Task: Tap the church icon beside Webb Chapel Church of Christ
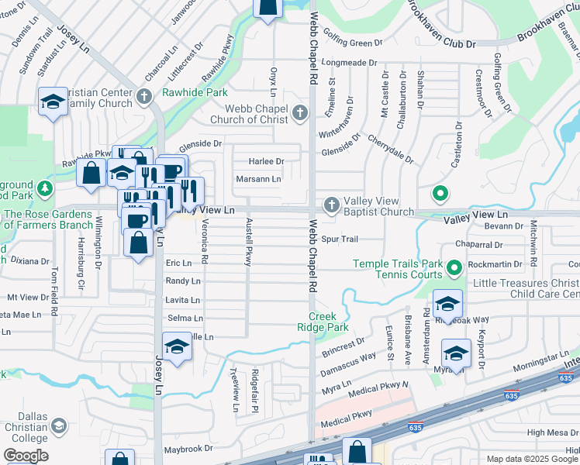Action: click(302, 114)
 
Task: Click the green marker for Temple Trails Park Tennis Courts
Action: click(454, 269)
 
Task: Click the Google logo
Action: click(25, 456)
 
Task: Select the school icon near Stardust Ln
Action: click(53, 102)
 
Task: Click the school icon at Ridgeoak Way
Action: click(447, 303)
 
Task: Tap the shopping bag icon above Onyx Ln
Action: click(268, 7)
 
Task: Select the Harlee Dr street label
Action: click(267, 161)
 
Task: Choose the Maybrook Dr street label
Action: click(188, 449)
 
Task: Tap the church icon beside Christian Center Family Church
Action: click(143, 97)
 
